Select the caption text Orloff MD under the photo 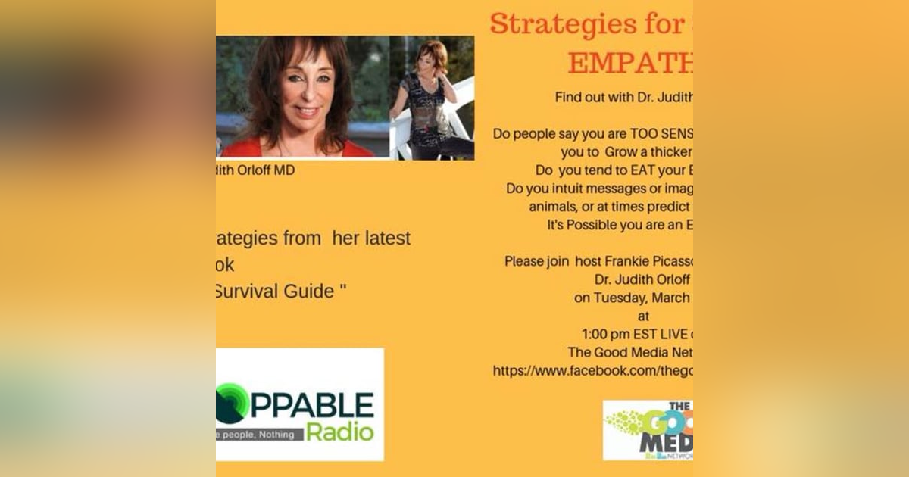264,170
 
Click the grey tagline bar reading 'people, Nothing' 260,434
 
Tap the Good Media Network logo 648,430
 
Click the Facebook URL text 592,371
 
